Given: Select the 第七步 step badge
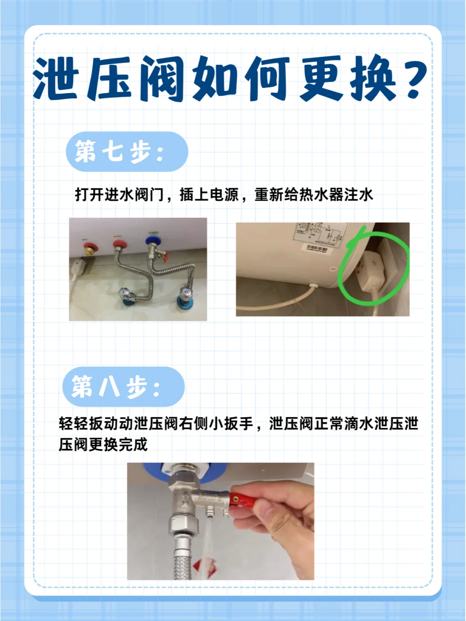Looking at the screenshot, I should [x=126, y=151].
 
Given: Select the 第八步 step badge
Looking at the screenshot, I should [x=123, y=386].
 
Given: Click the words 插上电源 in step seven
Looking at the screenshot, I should [x=209, y=195].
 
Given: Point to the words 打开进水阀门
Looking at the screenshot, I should [x=120, y=195].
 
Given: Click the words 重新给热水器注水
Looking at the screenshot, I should [x=314, y=195].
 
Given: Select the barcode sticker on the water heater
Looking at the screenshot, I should [x=317, y=249].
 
